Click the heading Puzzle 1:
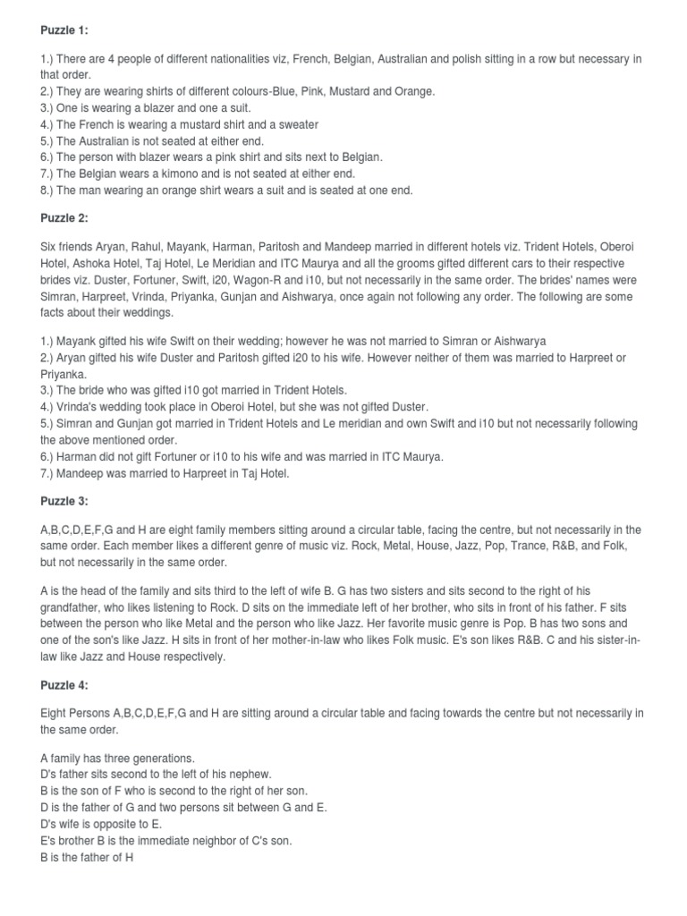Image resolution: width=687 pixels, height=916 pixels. [x=64, y=31]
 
